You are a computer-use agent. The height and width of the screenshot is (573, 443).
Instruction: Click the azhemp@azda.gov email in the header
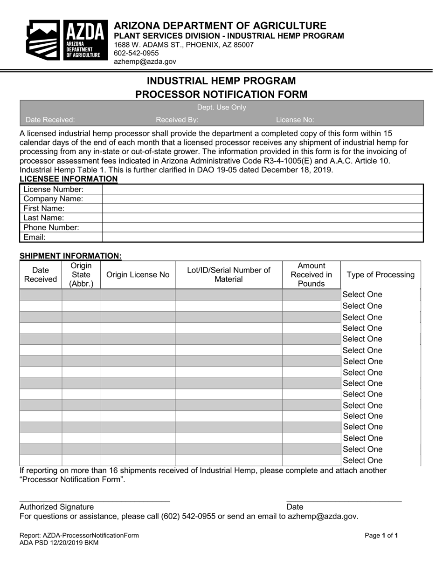pos(145,61)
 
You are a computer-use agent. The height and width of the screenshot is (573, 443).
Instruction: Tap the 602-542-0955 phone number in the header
pos(136,53)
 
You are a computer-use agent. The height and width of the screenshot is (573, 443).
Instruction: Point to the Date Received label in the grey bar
pos(50,120)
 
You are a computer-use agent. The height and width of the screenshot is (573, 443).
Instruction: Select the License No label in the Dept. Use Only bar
pos(295,120)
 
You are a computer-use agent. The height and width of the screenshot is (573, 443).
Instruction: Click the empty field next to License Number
pos(262,190)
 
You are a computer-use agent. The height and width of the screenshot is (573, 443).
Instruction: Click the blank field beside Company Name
pos(262,199)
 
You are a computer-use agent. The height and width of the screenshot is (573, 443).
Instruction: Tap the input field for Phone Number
pos(262,228)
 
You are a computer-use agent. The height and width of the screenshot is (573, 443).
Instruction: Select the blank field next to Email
pos(262,238)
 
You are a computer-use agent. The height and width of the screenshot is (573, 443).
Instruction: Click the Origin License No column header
pos(138,275)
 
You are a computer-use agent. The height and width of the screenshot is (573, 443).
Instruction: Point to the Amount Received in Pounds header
pos(311,275)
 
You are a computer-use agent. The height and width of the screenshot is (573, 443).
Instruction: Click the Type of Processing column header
pos(381,275)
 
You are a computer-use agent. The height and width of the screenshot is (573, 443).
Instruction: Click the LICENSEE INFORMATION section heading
pos(69,179)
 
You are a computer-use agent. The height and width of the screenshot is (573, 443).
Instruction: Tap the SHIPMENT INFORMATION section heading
pos(70,256)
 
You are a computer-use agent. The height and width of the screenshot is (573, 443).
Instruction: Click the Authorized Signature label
pos(56,507)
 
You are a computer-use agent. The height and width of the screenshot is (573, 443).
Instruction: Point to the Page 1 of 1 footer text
pos(381,536)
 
